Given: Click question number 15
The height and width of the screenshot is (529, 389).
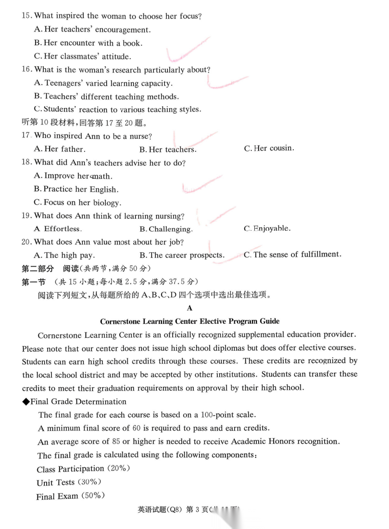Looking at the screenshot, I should [27, 16].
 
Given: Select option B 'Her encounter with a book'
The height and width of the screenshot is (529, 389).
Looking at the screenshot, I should [88, 43].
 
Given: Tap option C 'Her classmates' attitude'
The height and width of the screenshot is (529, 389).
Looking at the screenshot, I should [82, 56].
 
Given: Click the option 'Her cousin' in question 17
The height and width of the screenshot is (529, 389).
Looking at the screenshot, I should [269, 148].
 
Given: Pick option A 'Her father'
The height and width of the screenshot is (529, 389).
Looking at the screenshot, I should [59, 149].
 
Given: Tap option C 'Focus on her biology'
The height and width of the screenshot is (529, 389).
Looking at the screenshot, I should [77, 203].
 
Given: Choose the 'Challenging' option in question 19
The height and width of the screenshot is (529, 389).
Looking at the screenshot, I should [166, 230].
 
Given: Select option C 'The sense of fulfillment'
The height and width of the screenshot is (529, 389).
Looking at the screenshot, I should [292, 255].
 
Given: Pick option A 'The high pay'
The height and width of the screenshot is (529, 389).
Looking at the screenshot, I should [64, 256].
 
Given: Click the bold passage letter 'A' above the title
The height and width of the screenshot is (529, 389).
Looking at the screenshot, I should [189, 308].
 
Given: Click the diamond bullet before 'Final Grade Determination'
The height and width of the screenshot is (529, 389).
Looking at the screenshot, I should [26, 402].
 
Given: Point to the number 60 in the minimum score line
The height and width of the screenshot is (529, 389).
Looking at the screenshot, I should [138, 428].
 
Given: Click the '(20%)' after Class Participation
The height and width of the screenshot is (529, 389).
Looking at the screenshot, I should [118, 468].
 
